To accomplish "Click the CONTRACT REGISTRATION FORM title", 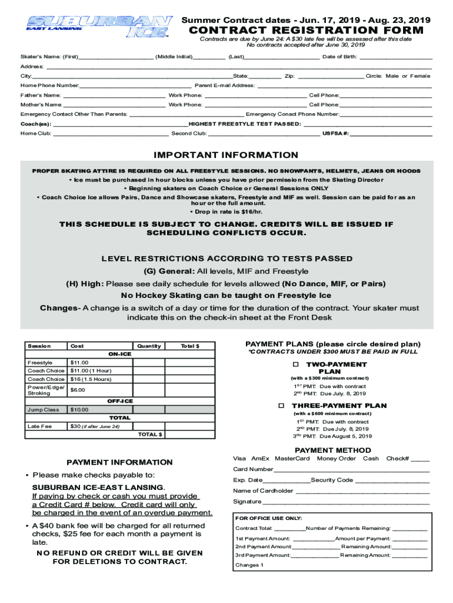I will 306,31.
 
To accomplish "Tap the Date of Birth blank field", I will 395,57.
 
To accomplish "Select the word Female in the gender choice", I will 420,76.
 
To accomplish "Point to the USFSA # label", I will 335,133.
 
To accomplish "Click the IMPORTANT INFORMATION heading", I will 226,155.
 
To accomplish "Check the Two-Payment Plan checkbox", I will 296,365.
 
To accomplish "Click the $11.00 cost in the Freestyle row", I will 79,362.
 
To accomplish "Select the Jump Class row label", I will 43,409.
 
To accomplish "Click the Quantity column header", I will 149,346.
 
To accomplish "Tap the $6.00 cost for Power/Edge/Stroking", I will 78,390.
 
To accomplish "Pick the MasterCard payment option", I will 292,458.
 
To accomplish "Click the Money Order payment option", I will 336,458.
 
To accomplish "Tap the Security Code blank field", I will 392,480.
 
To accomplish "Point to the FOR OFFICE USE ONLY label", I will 269,518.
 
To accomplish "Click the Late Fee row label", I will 39,426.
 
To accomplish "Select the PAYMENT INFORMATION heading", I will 119,462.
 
